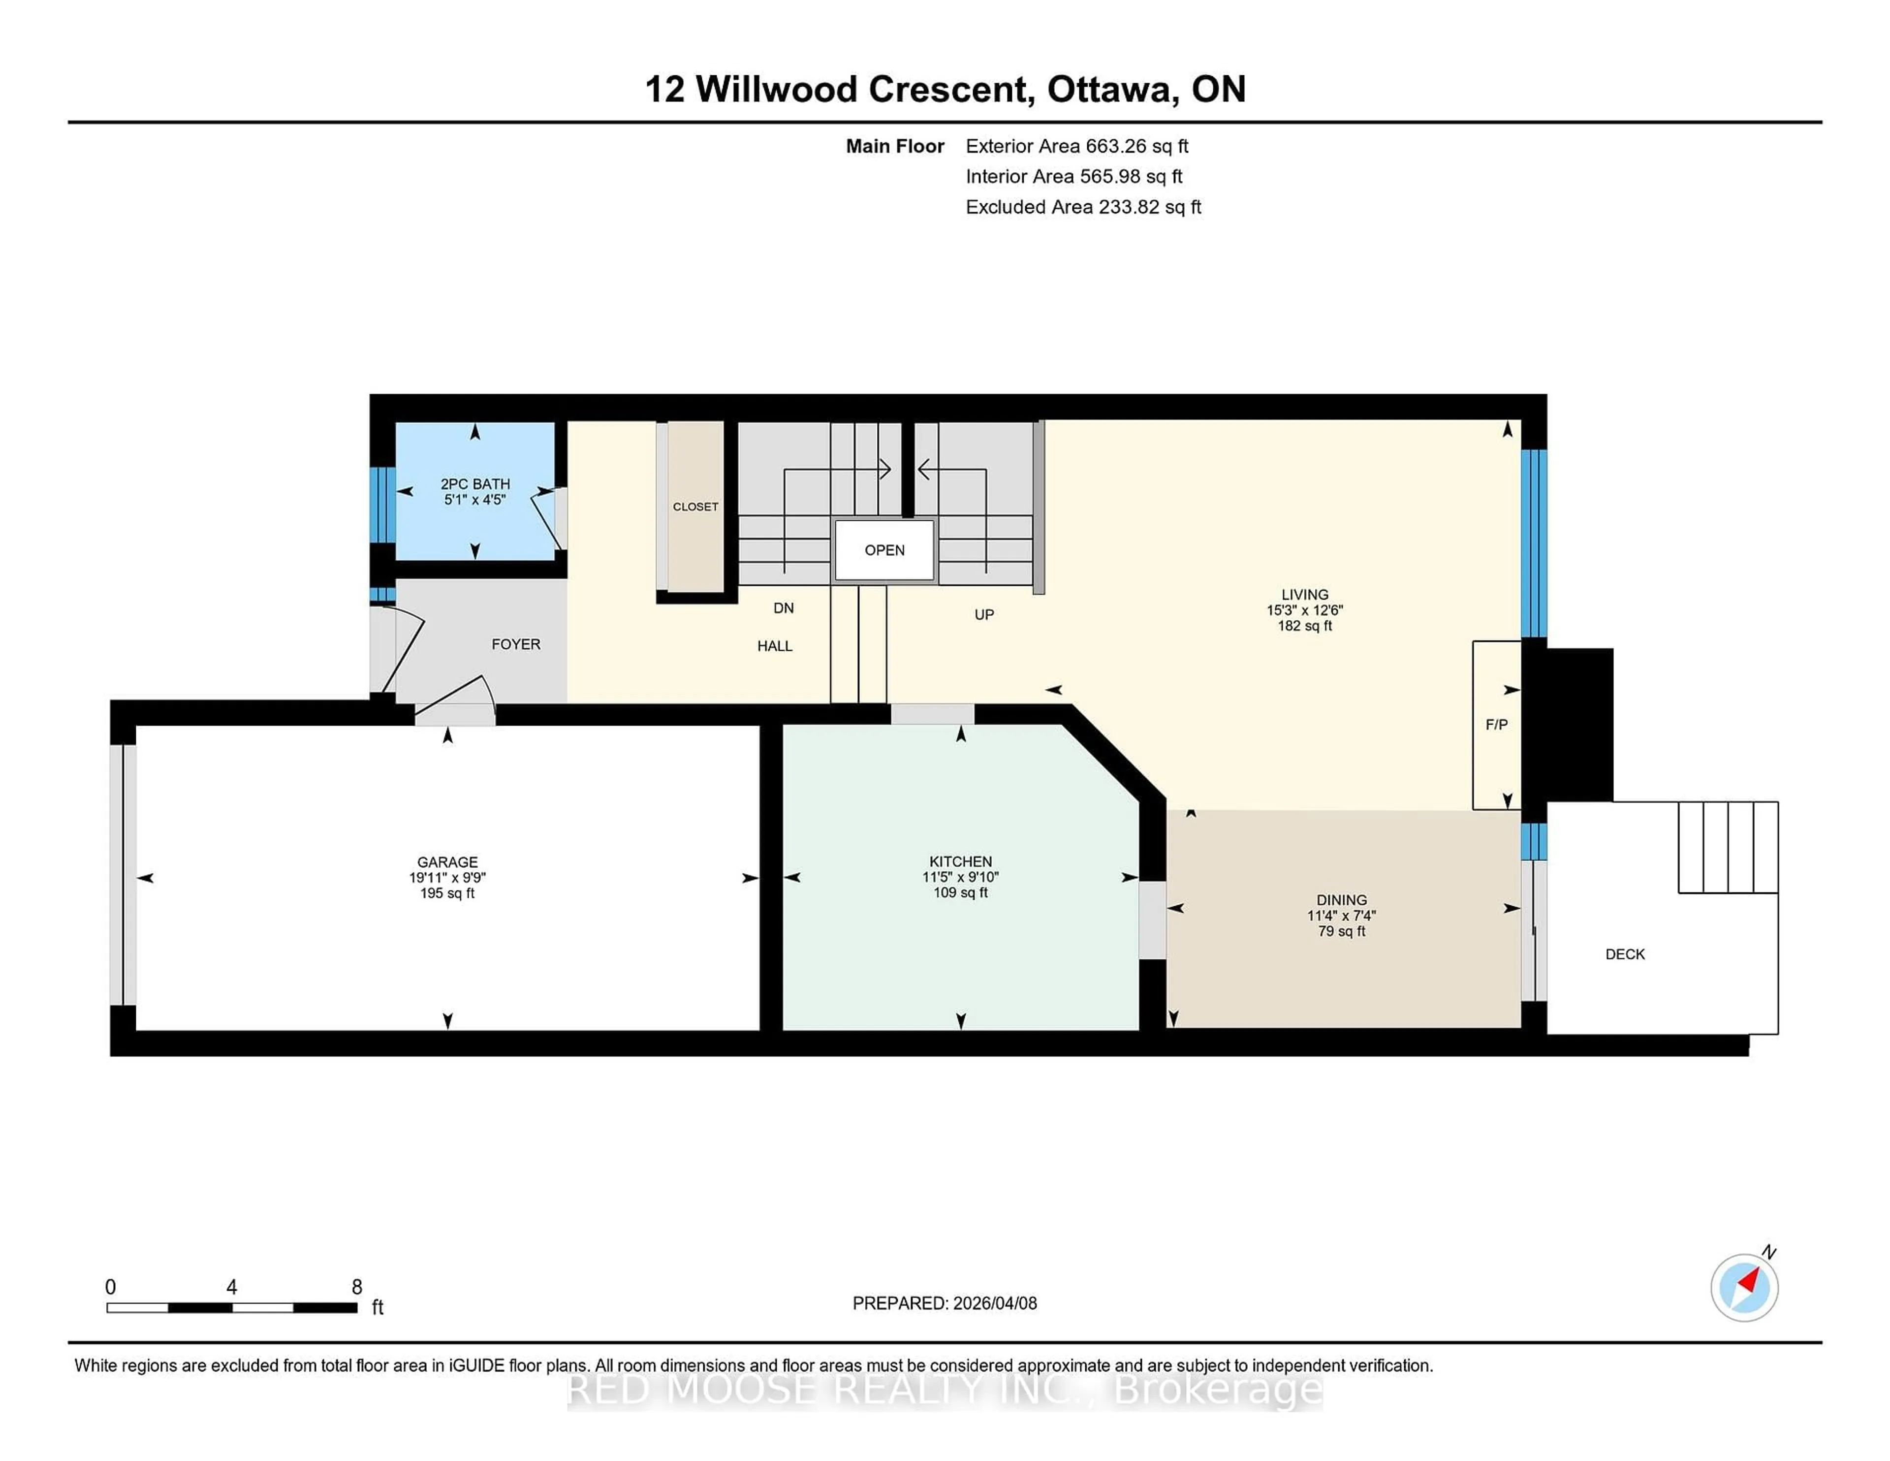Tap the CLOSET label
click(695, 507)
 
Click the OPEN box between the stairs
click(883, 550)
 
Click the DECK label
click(1624, 954)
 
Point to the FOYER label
click(516, 644)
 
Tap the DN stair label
click(783, 607)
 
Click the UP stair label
click(984, 614)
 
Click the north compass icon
click(1744, 1287)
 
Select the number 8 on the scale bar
click(356, 1287)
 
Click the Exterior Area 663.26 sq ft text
click(1076, 146)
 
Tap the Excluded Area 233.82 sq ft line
click(1083, 207)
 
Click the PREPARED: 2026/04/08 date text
click(944, 1302)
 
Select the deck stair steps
click(1727, 847)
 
